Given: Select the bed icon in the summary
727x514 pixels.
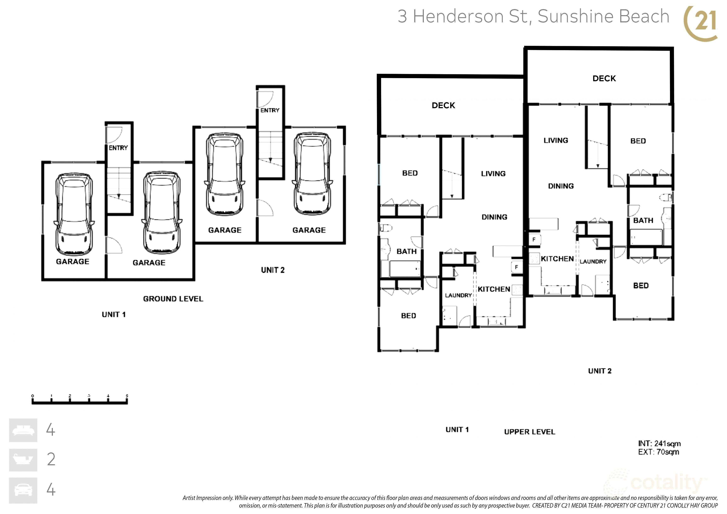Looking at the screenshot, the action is (x=23, y=430).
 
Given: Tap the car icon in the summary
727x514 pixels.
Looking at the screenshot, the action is (x=23, y=490).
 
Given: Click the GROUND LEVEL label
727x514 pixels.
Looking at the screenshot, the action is (x=173, y=299).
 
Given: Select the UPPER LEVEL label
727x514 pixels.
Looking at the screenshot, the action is (x=530, y=432).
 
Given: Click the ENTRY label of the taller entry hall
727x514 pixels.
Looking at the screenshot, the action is (x=270, y=110).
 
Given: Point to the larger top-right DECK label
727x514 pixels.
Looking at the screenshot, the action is (x=604, y=79).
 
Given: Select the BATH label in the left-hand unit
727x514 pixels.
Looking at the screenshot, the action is (x=407, y=251).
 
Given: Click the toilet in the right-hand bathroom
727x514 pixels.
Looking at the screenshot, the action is (x=666, y=198).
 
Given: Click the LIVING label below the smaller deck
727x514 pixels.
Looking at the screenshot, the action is (x=493, y=173).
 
